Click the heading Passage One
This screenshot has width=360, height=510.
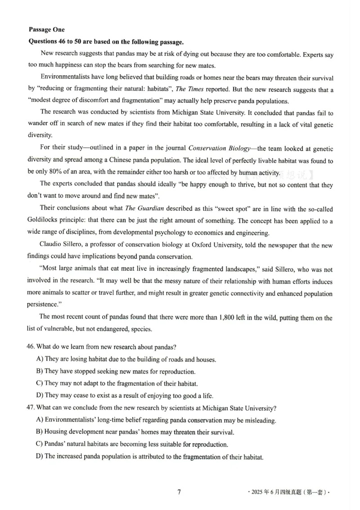click(x=47, y=30)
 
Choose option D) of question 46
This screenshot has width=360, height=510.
click(x=40, y=396)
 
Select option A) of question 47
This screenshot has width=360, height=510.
click(x=40, y=420)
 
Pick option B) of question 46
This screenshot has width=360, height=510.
click(x=40, y=372)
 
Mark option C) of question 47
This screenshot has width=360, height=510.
click(x=40, y=444)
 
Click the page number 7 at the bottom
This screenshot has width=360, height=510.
click(x=179, y=492)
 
